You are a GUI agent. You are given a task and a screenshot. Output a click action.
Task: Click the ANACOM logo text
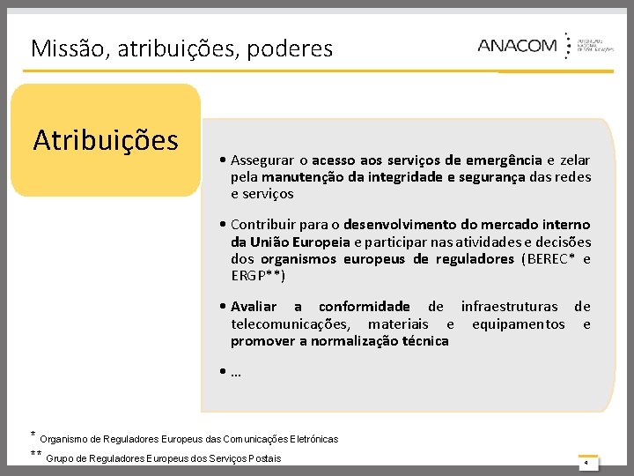pos(517,46)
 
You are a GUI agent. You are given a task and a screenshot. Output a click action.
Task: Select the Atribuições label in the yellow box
pos(106,140)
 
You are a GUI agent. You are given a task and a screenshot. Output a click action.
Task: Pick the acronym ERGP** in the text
pos(258,275)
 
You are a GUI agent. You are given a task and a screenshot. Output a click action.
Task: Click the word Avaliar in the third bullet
pos(254,307)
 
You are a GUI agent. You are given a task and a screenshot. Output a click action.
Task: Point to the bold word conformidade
pos(365,307)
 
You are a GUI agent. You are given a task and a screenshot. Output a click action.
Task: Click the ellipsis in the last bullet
pos(236,372)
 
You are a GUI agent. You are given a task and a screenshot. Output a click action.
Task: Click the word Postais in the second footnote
pos(265,458)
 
